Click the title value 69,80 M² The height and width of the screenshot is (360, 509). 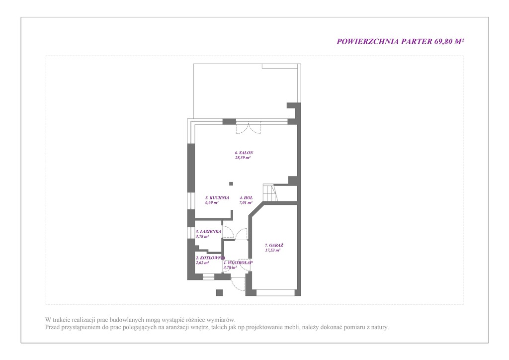[x=449, y=42]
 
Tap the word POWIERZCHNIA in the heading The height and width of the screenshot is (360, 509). [x=368, y=42]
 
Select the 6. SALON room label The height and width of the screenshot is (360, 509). [x=244, y=153]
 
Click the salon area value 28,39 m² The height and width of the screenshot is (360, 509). [x=243, y=158]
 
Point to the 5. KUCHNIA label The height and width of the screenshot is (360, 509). [x=217, y=198]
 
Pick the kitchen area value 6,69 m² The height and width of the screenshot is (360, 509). [x=212, y=202]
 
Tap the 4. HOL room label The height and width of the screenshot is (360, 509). [x=246, y=198]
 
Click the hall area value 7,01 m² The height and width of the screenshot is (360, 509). [x=246, y=202]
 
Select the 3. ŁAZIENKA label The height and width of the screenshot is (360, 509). [x=208, y=232]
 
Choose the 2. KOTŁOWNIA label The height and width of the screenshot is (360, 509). [x=210, y=258]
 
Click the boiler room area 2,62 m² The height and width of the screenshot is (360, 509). [x=202, y=263]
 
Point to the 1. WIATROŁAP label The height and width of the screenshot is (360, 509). [x=238, y=263]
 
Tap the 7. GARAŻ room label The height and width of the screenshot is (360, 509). [x=274, y=246]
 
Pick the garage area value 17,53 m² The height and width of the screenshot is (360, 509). [x=273, y=250]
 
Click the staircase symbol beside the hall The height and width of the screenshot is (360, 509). [x=270, y=193]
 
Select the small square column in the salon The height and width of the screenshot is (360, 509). [x=231, y=184]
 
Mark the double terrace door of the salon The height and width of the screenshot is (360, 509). [x=249, y=127]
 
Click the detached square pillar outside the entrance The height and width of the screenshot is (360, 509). [x=219, y=292]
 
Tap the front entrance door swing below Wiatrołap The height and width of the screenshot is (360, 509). [x=238, y=284]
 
